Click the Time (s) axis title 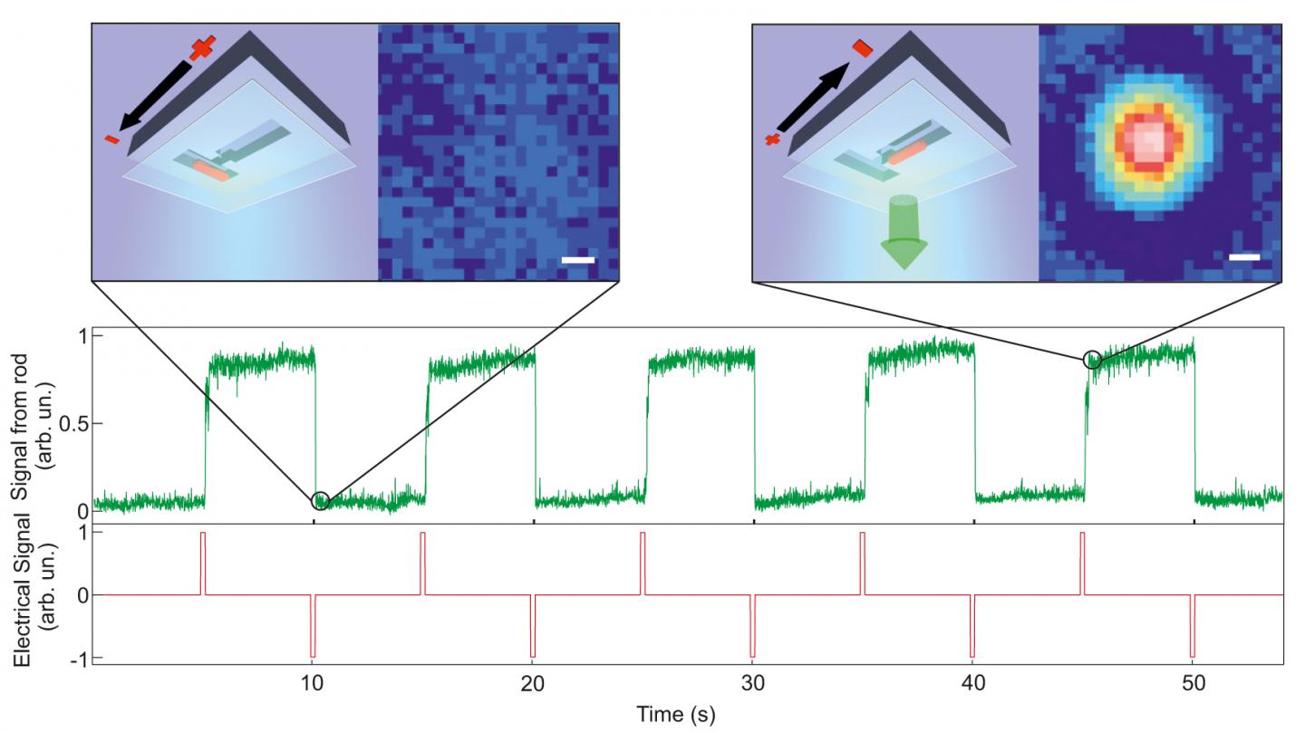(675, 714)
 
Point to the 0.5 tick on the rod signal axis (74, 424)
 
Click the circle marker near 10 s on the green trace (320, 501)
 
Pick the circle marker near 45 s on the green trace (1093, 360)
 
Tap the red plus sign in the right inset (773, 140)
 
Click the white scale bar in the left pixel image (577, 261)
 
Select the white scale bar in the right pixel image (1244, 257)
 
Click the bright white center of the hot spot (1150, 138)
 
